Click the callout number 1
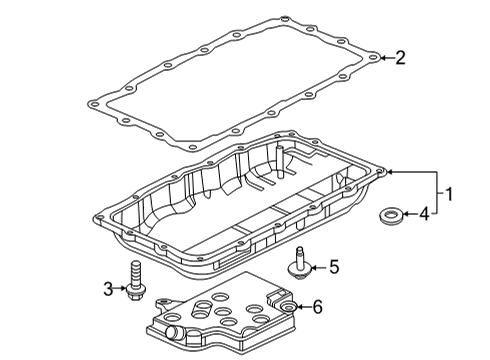point(449,192)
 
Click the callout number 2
point(400,59)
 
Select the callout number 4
point(424,212)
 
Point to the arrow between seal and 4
point(407,212)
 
